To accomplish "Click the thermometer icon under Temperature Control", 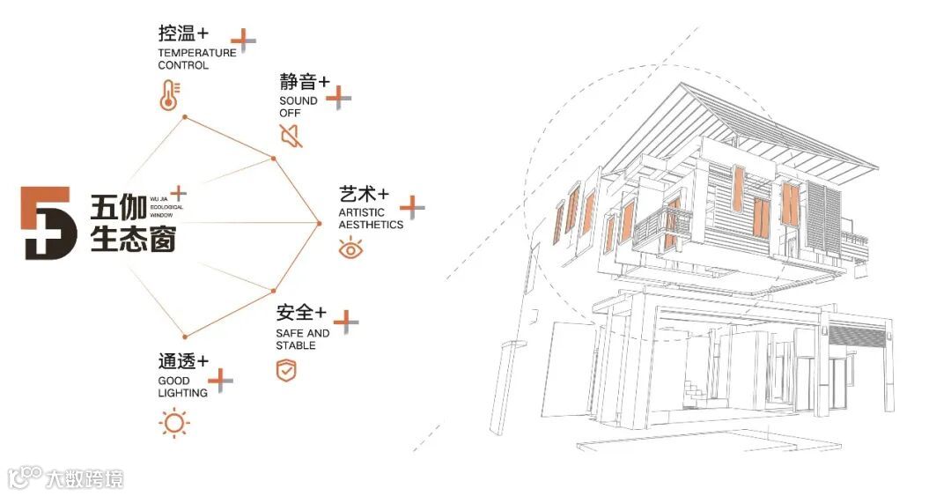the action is [x=169, y=95].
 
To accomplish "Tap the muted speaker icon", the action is [x=290, y=136].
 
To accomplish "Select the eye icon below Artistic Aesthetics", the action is [x=350, y=248].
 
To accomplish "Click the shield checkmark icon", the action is [x=286, y=371].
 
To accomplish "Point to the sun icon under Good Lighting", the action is [x=174, y=424].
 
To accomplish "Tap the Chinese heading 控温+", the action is [x=183, y=34].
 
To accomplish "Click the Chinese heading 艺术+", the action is [x=364, y=194].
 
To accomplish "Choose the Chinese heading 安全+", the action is [x=301, y=313].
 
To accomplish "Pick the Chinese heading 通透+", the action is [x=183, y=361].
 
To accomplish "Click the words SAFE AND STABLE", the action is [x=302, y=339].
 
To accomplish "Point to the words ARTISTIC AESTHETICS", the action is [x=371, y=218].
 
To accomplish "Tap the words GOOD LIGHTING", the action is [x=182, y=387].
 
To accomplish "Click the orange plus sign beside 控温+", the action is [x=243, y=41].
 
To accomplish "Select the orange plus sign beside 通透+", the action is [x=220, y=381].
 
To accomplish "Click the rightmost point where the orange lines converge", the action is [x=320, y=223].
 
